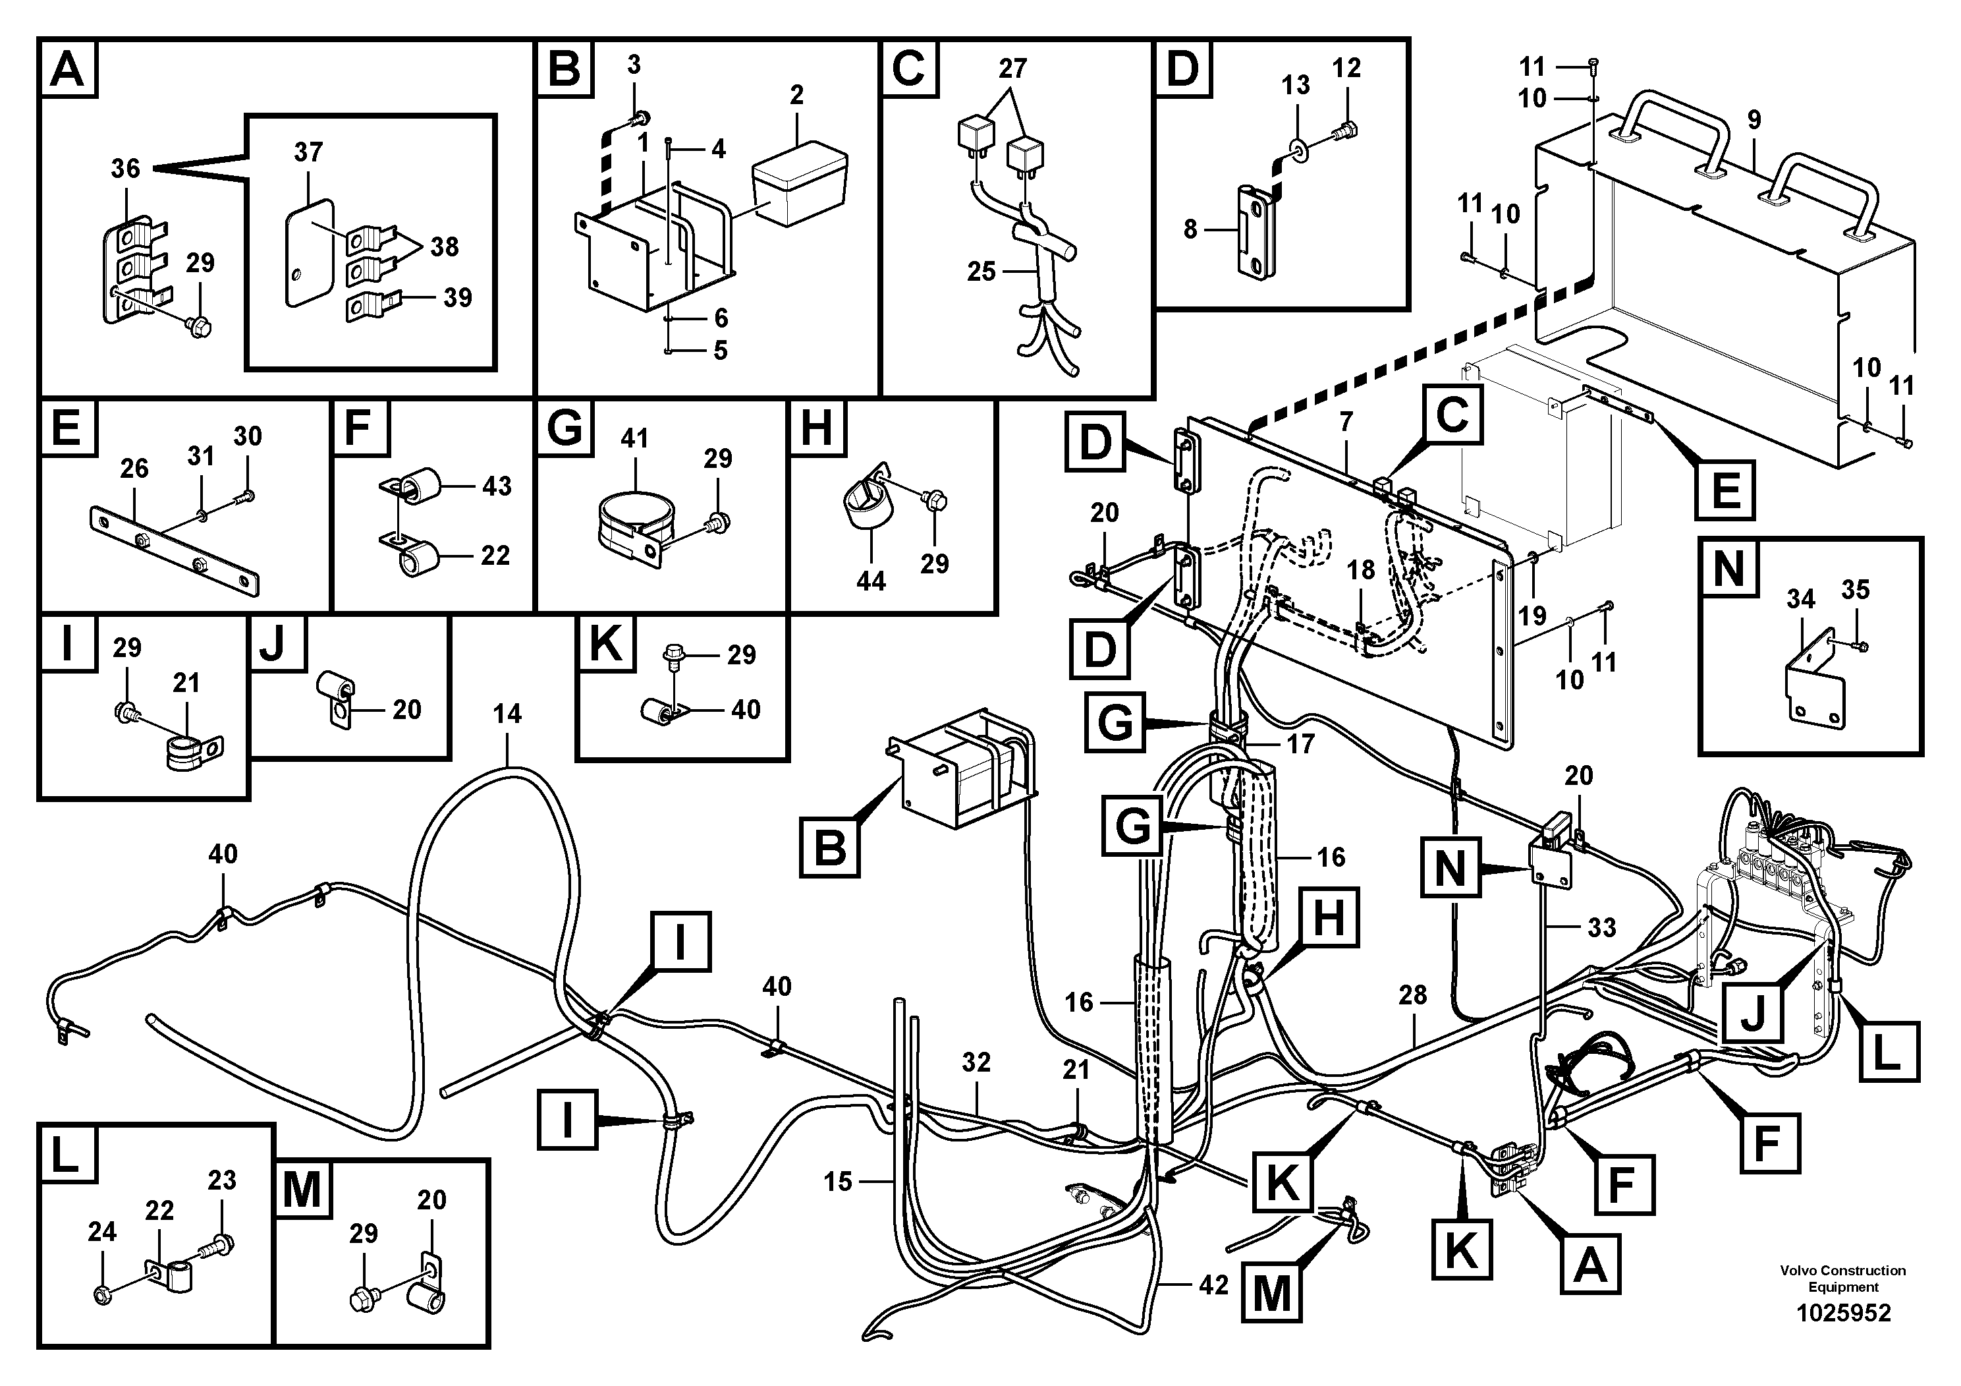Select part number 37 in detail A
click(308, 152)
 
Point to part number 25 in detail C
click(981, 271)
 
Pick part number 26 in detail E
click(134, 469)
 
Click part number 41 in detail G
click(634, 438)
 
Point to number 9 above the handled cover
click(1754, 120)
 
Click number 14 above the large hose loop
click(507, 714)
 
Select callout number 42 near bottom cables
click(1213, 1285)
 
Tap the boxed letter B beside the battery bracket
click(829, 848)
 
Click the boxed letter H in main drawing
click(1328, 919)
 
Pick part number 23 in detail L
click(221, 1180)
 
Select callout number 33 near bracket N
click(1601, 928)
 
